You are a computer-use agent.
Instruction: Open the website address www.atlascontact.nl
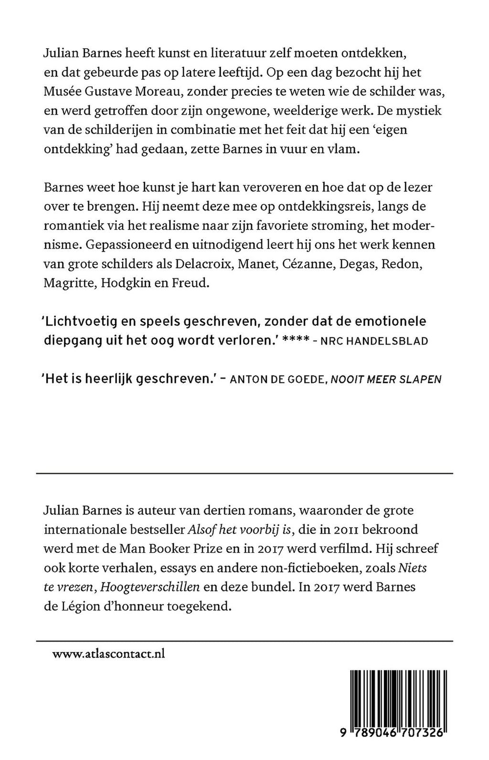coord(108,654)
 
